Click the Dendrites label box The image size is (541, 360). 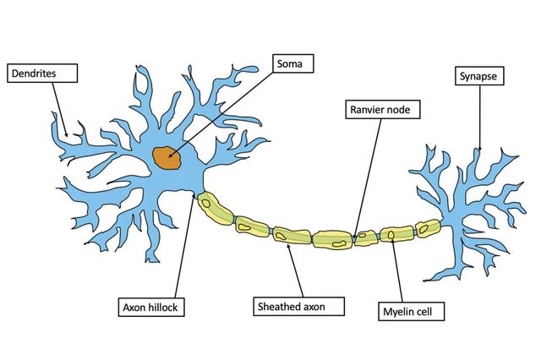click(x=42, y=74)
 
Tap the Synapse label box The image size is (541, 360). click(x=478, y=76)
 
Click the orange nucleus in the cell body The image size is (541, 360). click(x=167, y=156)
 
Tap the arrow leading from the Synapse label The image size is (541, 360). click(x=479, y=118)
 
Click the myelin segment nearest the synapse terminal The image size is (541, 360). click(x=427, y=229)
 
